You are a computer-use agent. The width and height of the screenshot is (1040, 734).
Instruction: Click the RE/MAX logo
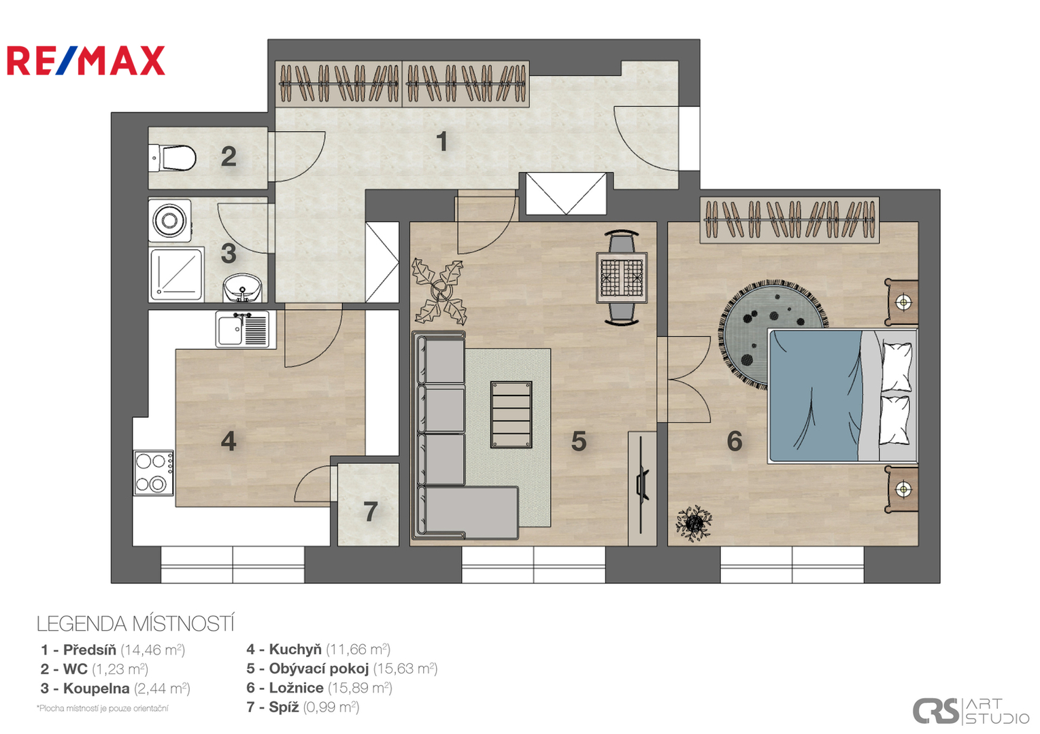(x=86, y=60)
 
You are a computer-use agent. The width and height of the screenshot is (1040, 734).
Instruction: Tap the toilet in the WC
(x=172, y=158)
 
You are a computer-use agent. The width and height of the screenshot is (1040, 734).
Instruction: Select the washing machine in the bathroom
(x=169, y=220)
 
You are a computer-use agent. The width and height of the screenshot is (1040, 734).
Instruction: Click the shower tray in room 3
(x=176, y=274)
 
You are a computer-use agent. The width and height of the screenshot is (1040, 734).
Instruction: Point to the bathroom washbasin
(x=242, y=287)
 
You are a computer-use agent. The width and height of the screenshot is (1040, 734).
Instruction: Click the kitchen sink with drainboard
(x=242, y=330)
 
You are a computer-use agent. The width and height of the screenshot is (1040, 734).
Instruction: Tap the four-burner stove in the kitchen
(x=154, y=472)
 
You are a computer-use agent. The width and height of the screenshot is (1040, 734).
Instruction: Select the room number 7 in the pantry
(x=370, y=512)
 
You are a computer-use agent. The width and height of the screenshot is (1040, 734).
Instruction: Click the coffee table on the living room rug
(x=511, y=415)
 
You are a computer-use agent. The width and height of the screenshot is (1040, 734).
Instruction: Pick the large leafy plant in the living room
(x=438, y=292)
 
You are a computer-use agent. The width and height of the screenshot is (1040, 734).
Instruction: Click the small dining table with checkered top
(x=622, y=277)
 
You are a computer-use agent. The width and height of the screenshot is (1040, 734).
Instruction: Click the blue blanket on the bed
(x=816, y=396)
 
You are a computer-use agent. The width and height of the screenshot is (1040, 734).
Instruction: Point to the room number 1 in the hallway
(x=442, y=141)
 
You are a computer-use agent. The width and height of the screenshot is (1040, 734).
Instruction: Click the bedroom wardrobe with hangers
(x=789, y=220)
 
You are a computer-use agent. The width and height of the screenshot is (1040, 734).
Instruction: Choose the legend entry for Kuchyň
(x=318, y=649)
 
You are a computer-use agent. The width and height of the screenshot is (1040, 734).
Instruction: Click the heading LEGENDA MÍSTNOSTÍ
(x=135, y=624)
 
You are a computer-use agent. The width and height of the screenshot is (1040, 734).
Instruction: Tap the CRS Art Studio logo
(x=971, y=711)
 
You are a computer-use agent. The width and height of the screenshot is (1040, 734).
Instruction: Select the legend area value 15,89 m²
(x=360, y=688)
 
